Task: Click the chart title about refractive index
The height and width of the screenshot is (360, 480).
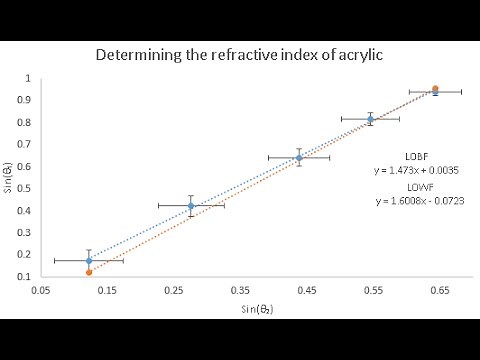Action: click(239, 56)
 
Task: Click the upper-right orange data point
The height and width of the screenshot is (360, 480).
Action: click(435, 89)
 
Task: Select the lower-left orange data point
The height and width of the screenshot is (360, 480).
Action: click(89, 271)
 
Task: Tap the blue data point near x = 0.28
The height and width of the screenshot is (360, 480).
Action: click(191, 206)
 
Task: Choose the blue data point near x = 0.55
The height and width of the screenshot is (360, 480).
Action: click(370, 119)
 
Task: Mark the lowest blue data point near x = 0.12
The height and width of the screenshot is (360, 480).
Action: click(89, 260)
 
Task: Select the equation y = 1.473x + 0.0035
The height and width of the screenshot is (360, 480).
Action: click(404, 170)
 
